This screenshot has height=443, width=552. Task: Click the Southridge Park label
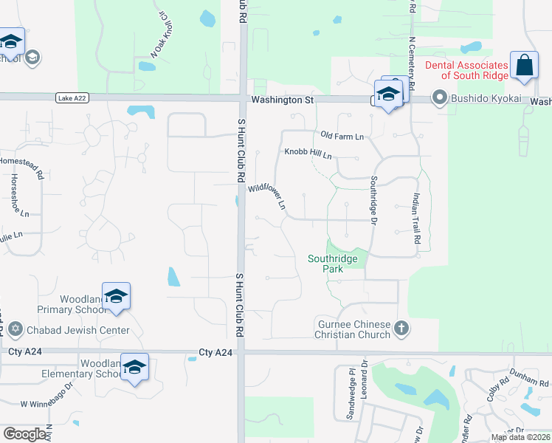point(333,264)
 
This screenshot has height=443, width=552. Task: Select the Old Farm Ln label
point(342,137)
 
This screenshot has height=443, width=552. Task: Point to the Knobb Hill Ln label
point(308,154)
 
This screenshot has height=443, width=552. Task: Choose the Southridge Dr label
point(373,200)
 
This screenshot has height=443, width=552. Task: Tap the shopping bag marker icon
point(525,64)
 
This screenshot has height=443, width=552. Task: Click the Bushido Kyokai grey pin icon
point(440,98)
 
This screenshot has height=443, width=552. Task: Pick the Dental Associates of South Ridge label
point(466,70)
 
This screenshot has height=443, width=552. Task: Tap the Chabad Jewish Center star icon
point(15,330)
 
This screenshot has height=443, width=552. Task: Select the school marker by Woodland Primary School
point(116,297)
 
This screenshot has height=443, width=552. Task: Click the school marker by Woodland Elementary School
point(134,367)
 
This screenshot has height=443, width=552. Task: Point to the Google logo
point(24,434)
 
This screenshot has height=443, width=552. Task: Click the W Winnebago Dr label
point(49,403)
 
